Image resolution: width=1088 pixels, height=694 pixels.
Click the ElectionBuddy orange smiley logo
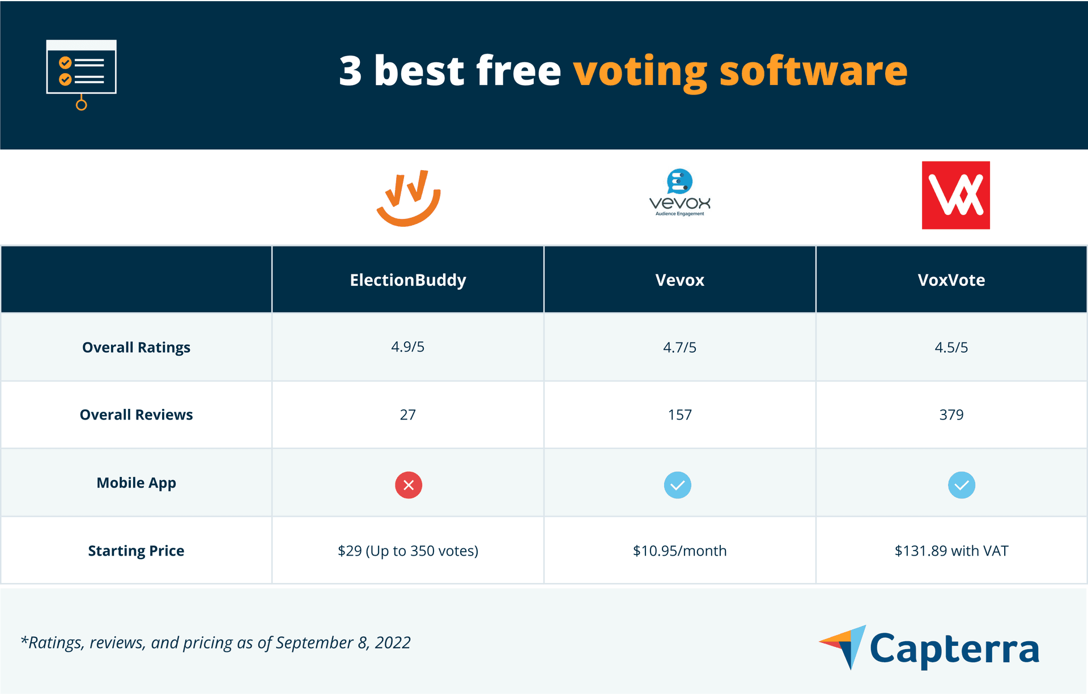tap(409, 198)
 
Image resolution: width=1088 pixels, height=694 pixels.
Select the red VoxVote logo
tap(955, 195)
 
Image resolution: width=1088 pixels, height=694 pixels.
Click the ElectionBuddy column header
tap(408, 280)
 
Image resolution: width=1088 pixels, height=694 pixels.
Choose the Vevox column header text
tap(679, 280)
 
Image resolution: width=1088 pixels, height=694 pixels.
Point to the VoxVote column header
tap(951, 280)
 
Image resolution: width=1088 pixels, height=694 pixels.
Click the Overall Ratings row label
tap(136, 347)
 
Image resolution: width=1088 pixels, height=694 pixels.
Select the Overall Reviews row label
tap(136, 414)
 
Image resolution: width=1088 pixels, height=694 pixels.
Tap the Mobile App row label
tap(136, 483)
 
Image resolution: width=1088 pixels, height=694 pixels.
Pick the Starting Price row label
tap(136, 551)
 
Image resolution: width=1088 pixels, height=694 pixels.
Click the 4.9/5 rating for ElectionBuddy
tap(407, 347)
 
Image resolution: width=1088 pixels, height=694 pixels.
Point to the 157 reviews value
tap(679, 414)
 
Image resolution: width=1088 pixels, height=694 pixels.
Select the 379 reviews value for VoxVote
tap(951, 414)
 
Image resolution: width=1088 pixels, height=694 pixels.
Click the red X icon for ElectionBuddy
tap(409, 485)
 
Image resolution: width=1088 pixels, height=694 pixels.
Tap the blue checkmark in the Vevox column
tap(677, 485)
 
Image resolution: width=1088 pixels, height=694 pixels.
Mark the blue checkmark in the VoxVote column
tap(961, 485)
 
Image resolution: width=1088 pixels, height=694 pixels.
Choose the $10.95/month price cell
tap(679, 551)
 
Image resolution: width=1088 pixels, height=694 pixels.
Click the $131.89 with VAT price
tap(951, 551)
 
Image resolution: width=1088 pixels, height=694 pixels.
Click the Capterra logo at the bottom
tap(929, 648)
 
